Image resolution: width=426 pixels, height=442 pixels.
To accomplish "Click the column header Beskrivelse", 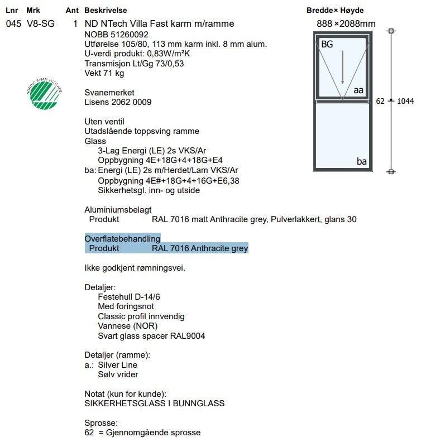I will coord(106,11).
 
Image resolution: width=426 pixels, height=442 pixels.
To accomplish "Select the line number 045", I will coord(13,24).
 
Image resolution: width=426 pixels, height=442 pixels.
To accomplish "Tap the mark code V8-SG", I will coord(41,24).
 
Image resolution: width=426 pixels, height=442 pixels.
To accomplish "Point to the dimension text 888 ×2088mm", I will coord(346,24).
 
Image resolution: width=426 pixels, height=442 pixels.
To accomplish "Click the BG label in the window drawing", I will coord(327,44).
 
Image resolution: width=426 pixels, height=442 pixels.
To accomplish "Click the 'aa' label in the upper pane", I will coord(358,90).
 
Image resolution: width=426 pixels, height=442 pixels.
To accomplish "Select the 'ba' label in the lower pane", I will coord(362,161).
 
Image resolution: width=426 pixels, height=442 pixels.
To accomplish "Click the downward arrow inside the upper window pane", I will coord(343,61).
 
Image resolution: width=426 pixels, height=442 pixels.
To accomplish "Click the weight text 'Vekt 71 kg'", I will coord(104,73).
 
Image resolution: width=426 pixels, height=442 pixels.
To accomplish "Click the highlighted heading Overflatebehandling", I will coord(122,239).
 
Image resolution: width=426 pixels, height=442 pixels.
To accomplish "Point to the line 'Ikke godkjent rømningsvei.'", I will coord(135,268).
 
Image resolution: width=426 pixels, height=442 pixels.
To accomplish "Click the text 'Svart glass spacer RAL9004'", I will coord(151,336).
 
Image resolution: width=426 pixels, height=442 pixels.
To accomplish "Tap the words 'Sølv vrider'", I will coord(118,374).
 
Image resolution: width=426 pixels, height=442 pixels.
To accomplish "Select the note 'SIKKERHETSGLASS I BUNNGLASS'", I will coord(154,403).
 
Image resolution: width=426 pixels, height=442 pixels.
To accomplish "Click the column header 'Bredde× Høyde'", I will coord(335,11).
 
